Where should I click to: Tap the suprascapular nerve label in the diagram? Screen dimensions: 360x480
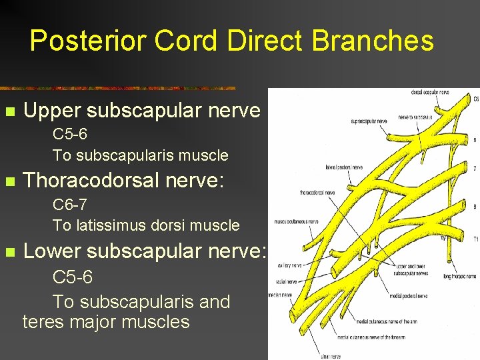tap(369, 121)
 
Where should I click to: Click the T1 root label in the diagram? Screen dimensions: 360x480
tap(475, 237)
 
